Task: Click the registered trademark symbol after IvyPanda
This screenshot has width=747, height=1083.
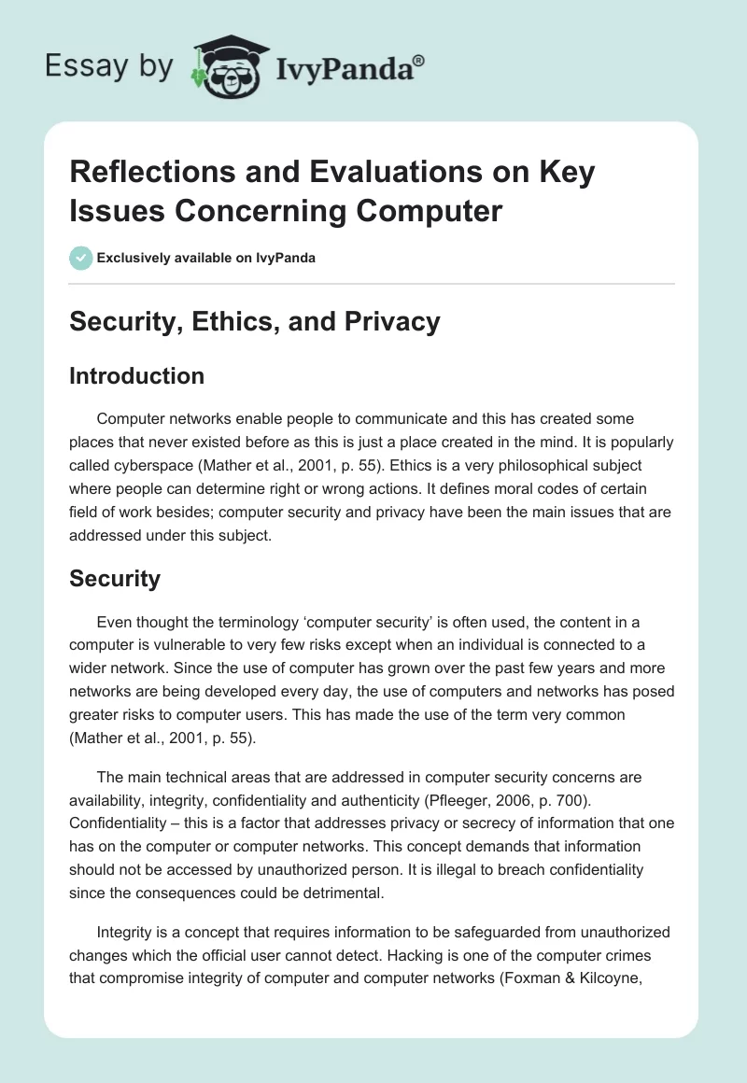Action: point(418,60)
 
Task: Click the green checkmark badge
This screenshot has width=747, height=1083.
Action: point(81,258)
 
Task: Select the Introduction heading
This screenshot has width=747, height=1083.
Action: point(137,376)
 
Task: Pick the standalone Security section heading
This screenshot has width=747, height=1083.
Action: point(115,579)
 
